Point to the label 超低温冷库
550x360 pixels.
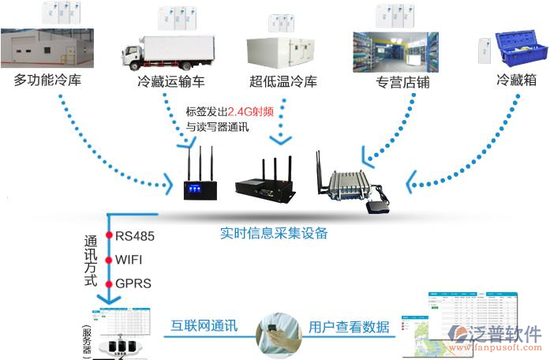[x=282, y=81]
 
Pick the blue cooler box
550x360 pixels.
[x=520, y=47]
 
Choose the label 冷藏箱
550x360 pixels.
[x=518, y=80]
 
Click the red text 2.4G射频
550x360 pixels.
[x=250, y=111]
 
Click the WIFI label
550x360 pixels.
[x=129, y=259]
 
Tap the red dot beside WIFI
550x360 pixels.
[x=110, y=259]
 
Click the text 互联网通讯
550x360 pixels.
[x=204, y=326]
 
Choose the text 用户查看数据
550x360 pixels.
[x=349, y=326]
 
